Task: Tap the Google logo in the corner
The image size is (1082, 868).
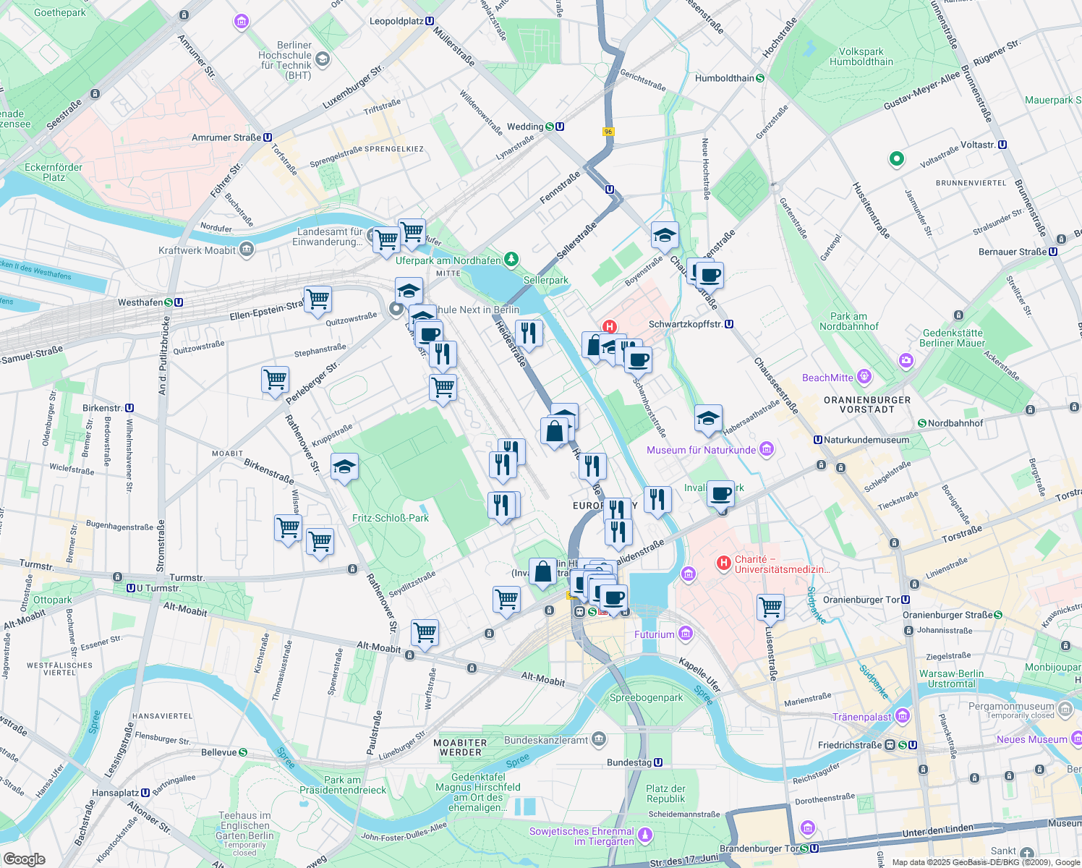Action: (24, 859)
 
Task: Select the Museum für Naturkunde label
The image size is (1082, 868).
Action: (701, 450)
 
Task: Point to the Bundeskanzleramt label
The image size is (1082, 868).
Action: (546, 740)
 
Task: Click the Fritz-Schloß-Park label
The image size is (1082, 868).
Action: (391, 518)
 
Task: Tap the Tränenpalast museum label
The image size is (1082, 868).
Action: (861, 717)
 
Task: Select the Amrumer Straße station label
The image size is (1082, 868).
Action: (226, 137)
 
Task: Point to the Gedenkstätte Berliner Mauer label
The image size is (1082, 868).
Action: (952, 338)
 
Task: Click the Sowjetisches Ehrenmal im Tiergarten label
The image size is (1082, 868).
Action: (582, 836)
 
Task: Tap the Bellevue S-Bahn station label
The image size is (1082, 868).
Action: (219, 752)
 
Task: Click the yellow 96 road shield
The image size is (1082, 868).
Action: (608, 132)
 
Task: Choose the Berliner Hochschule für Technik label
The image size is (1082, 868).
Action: (285, 60)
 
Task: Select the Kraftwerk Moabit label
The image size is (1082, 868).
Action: (197, 250)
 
